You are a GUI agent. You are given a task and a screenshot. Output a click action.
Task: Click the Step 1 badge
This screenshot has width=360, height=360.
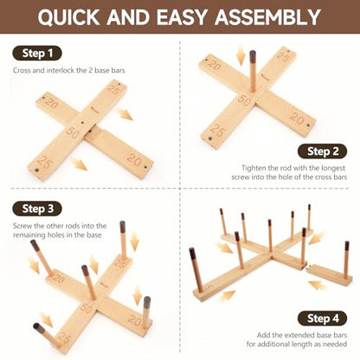tap(37, 54)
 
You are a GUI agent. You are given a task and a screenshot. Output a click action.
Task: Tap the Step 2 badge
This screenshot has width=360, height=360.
tap(322, 151)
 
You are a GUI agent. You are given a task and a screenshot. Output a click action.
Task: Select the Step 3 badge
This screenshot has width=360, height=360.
tap(37, 209)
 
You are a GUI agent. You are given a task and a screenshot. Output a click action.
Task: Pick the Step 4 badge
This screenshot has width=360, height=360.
tap(322, 318)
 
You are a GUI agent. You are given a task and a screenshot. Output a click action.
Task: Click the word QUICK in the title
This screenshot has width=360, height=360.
tap(68, 17)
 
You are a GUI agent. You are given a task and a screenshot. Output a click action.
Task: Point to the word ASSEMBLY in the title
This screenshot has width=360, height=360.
tap(267, 17)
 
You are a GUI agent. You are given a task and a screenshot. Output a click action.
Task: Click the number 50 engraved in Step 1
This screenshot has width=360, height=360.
tap(73, 132)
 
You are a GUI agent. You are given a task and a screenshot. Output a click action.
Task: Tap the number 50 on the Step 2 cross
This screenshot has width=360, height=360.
tap(245, 100)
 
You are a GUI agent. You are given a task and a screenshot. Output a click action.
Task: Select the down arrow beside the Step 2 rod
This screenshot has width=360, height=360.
tap(241, 56)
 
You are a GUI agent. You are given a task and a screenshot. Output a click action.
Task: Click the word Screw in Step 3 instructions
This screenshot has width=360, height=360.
tap(22, 226)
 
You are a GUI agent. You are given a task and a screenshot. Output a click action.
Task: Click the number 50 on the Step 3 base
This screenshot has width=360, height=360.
tap(86, 308)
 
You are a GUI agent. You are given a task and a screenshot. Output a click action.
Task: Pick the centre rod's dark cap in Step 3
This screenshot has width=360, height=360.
tap(85, 271)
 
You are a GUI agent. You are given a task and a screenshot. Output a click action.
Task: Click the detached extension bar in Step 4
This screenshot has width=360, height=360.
tap(329, 274)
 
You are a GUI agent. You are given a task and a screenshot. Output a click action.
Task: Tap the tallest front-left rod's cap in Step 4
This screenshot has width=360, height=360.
tap(193, 254)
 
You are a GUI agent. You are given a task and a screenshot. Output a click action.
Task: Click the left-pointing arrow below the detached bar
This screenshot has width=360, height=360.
tap(318, 285)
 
